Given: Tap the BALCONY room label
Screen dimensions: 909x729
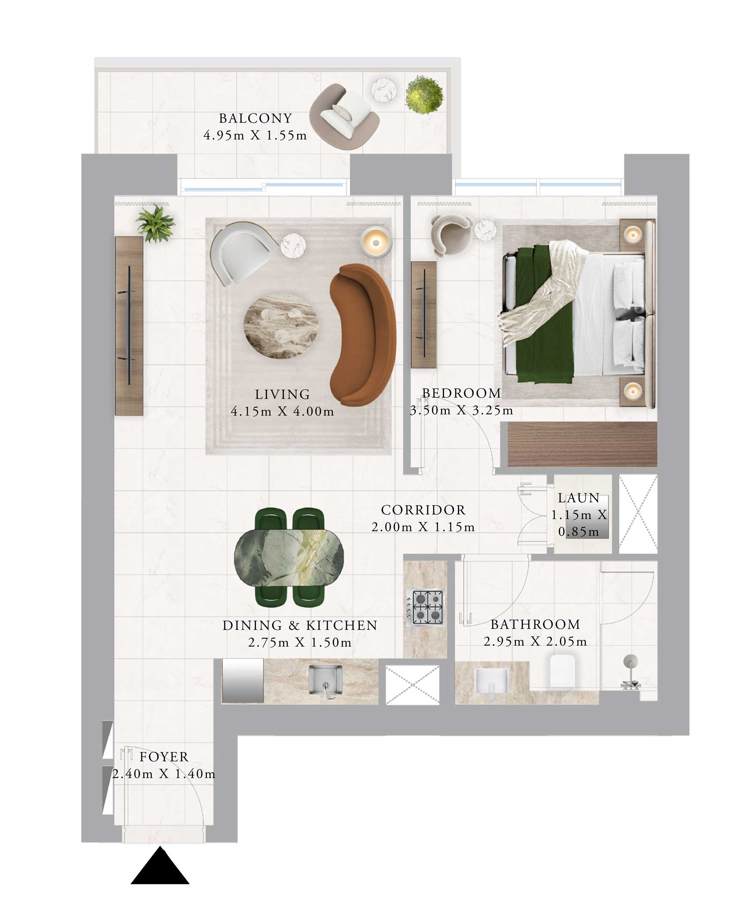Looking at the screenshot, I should click(255, 118).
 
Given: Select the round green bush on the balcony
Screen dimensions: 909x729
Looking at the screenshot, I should click(424, 95).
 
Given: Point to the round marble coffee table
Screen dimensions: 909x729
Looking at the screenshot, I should click(281, 326).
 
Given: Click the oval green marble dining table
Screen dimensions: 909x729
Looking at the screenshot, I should click(289, 557).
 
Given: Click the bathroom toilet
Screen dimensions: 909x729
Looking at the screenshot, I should click(562, 671).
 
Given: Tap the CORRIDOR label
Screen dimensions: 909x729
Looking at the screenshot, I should click(423, 510).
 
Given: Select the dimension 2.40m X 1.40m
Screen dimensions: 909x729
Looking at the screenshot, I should click(164, 774).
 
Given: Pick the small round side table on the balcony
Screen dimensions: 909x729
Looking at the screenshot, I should click(384, 90).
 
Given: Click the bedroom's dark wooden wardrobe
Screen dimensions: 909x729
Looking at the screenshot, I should click(582, 444).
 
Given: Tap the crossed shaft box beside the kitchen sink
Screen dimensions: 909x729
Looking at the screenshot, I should click(412, 685).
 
